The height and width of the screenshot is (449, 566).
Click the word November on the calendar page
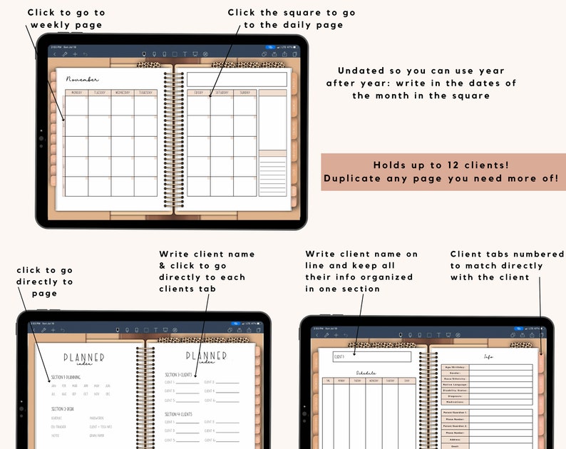coord(82,79)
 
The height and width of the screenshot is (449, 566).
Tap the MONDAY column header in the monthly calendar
coord(76,93)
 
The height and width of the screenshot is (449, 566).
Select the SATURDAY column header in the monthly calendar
coord(221,93)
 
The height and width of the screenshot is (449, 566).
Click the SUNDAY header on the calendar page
coord(245,93)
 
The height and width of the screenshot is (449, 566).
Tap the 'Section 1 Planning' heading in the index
coord(65,377)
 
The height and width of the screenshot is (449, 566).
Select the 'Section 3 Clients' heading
coord(181,374)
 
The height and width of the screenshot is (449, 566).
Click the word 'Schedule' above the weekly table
coord(366,373)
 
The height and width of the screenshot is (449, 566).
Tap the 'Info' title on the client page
coord(488,356)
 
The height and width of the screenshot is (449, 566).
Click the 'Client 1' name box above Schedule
coord(371,356)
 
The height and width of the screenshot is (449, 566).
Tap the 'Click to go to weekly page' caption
coord(66,19)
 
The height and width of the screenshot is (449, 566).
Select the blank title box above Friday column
coord(237,79)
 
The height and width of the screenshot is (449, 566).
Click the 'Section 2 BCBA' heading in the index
coord(63,408)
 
